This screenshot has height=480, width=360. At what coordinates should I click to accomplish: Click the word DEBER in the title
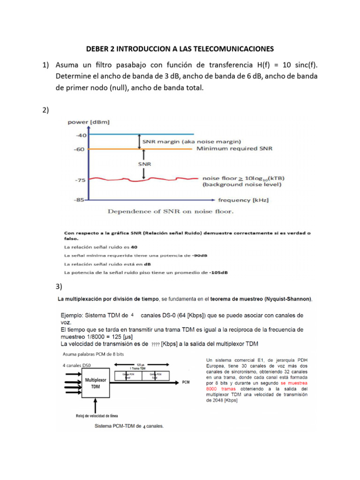(x=98, y=49)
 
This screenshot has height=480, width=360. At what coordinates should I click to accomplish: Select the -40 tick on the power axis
(x=81, y=135)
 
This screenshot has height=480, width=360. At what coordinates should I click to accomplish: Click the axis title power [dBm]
(x=89, y=122)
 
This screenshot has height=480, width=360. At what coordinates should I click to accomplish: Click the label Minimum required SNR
(x=234, y=149)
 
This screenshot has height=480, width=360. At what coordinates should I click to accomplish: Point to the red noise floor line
(x=141, y=179)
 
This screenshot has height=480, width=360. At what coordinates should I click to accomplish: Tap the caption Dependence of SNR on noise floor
(x=171, y=211)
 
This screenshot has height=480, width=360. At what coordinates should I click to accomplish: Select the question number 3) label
(x=59, y=286)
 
